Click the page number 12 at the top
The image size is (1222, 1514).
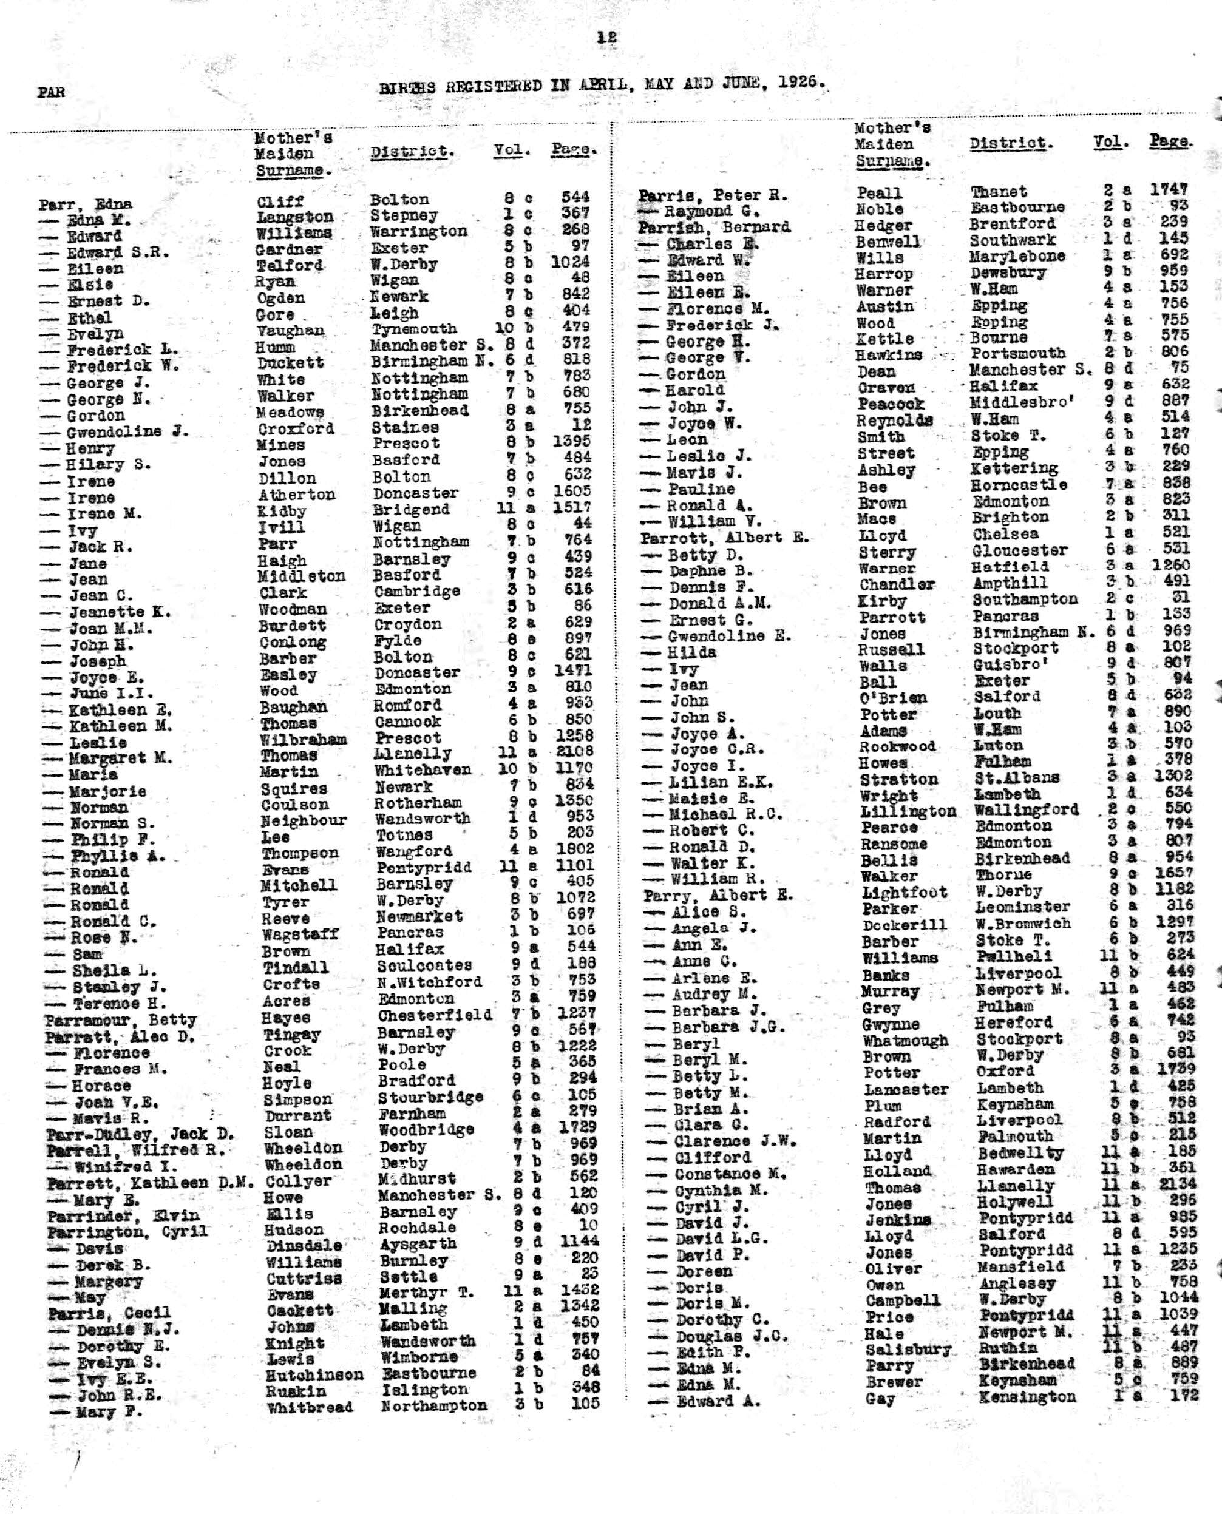(x=607, y=38)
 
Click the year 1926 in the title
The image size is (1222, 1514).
(x=802, y=81)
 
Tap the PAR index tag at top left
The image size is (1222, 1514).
(x=52, y=92)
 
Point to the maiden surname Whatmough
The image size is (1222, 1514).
(x=905, y=1041)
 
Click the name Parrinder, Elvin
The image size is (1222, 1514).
(x=123, y=1215)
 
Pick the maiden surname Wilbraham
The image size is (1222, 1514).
(x=304, y=740)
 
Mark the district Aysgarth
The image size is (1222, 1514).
(x=418, y=1243)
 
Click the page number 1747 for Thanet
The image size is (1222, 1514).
(x=1169, y=189)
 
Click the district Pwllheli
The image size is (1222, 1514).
(x=1014, y=957)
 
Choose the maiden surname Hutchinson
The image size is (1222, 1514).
(x=314, y=1374)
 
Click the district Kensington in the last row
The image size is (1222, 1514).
(x=1027, y=1396)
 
